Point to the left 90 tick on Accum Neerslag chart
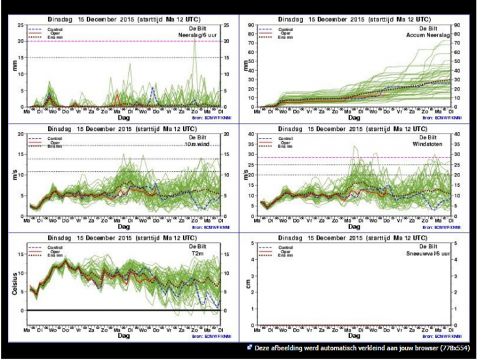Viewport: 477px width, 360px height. [x=257, y=26]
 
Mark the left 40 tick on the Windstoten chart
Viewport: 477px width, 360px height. [x=257, y=135]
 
